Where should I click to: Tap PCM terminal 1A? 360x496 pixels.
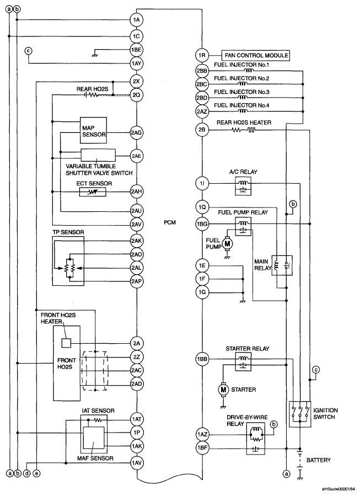tap(137, 20)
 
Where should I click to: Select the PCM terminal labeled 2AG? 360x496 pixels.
tap(137, 133)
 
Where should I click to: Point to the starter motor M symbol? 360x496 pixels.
tap(224, 390)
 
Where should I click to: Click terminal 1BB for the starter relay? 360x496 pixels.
tap(202, 359)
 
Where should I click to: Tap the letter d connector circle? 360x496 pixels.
tap(26, 473)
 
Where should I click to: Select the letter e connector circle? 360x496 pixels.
tap(36, 473)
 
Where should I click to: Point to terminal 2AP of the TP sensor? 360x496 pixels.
tap(137, 281)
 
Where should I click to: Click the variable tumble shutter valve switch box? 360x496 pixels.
tap(98, 156)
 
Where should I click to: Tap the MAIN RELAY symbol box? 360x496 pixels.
tap(282, 266)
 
